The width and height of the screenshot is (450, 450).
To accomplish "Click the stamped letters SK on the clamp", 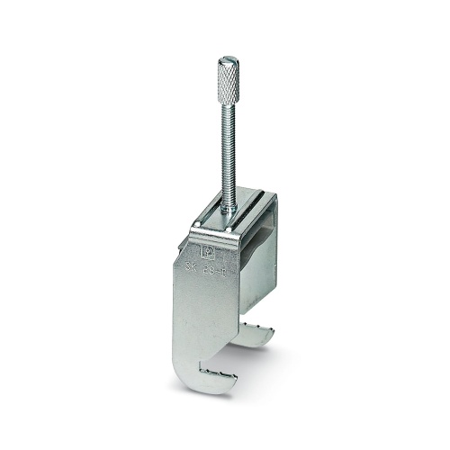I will point(193,267).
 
